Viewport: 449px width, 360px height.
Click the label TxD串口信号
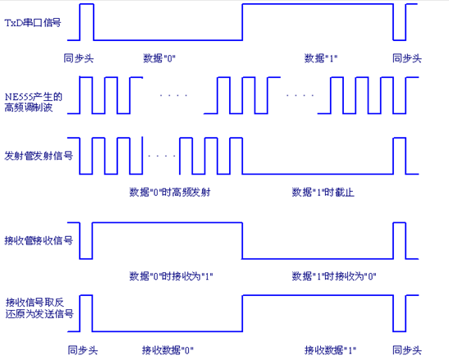tap(33, 23)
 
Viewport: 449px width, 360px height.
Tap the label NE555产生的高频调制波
tap(33, 102)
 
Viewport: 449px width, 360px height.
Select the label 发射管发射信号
tap(39, 156)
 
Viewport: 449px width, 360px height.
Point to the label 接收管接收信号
tap(39, 240)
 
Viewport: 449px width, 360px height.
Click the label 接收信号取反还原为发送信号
tap(39, 308)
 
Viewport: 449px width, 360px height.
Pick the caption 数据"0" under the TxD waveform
tap(159, 58)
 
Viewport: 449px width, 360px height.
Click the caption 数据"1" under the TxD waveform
tap(321, 58)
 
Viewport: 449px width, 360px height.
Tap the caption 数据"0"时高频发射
tap(170, 192)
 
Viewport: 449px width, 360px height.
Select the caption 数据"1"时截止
tap(323, 192)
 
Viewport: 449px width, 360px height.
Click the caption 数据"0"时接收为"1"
tap(171, 276)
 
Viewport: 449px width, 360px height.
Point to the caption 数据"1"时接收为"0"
tap(334, 276)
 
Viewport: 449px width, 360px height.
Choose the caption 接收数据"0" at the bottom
tap(167, 350)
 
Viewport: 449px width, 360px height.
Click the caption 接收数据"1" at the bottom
tap(330, 350)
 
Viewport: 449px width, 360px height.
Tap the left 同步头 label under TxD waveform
tap(79, 58)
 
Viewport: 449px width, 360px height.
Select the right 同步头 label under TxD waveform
tap(407, 58)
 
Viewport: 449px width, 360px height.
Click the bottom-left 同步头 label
tap(83, 350)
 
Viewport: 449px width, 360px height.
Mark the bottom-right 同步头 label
tap(407, 350)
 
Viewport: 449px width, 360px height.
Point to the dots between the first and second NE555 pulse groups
tap(173, 95)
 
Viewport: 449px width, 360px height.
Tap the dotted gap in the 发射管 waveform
tap(162, 156)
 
